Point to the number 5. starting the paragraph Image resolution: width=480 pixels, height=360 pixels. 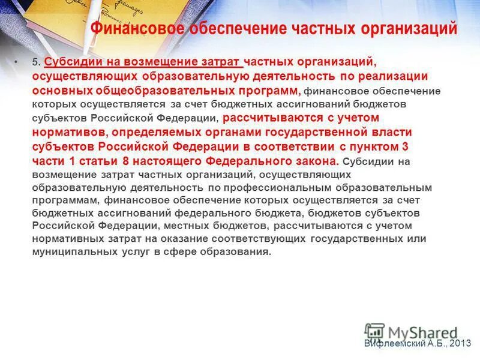pyautogui.click(x=35, y=62)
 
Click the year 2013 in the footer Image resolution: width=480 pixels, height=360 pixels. pyautogui.click(x=459, y=343)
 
